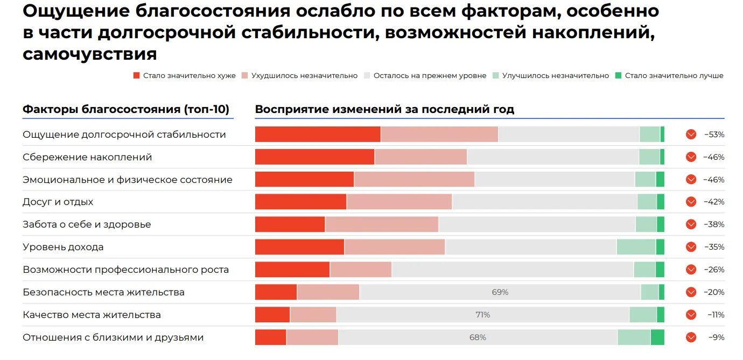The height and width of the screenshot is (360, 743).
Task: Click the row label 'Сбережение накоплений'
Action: (x=87, y=157)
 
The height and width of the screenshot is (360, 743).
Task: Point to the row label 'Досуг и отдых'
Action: (x=58, y=202)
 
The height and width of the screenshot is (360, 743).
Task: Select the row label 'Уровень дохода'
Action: (x=63, y=247)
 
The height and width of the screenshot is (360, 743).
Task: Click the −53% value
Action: (x=714, y=135)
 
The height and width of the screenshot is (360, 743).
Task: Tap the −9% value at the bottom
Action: (x=716, y=337)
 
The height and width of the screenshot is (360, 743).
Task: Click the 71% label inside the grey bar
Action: (x=482, y=315)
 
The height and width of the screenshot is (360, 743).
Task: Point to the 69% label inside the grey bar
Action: (x=500, y=292)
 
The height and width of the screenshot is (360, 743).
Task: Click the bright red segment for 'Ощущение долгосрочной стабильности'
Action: (x=318, y=135)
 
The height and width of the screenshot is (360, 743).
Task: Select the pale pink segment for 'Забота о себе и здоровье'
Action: (x=382, y=224)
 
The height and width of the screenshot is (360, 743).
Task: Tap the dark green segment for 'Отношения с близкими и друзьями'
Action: (x=657, y=337)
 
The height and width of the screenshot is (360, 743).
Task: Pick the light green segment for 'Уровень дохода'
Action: (x=636, y=247)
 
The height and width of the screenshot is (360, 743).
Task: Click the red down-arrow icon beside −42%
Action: (x=691, y=202)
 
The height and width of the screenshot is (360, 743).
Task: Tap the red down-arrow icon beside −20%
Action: (x=691, y=292)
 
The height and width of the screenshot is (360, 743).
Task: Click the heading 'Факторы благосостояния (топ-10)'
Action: (x=126, y=109)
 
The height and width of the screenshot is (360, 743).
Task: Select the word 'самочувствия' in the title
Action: (x=90, y=54)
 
